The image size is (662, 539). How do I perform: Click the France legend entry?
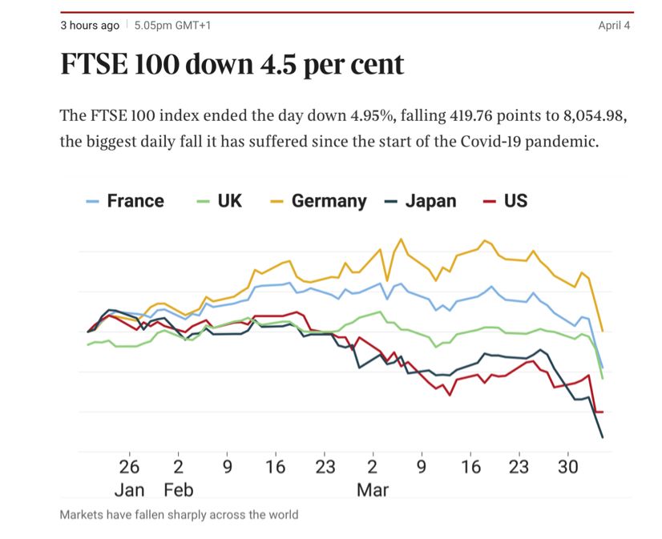(127, 201)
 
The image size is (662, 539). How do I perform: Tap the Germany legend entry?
(319, 201)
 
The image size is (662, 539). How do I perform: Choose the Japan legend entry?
(421, 201)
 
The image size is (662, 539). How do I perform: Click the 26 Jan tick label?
(129, 467)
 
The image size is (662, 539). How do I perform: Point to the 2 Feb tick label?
(178, 467)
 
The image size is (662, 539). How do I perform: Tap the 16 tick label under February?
(275, 467)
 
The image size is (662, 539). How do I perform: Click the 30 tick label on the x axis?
(568, 467)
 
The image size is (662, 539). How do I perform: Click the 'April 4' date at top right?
(614, 26)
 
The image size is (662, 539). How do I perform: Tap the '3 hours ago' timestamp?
(90, 26)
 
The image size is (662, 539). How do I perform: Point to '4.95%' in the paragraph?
(372, 116)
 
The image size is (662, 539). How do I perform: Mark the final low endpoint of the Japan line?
(602, 437)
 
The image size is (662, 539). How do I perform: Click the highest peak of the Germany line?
(401, 239)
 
